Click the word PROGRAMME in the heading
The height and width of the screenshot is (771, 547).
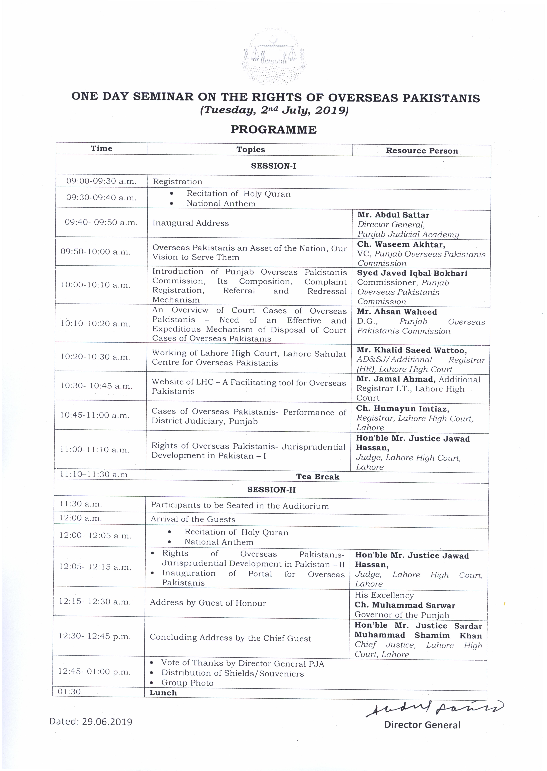[x=273, y=130]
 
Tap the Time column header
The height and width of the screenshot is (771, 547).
[x=101, y=149]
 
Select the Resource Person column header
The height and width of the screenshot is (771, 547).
[x=422, y=150]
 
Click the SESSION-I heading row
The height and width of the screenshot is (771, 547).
[x=273, y=166]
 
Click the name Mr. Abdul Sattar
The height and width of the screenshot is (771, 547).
[x=393, y=215]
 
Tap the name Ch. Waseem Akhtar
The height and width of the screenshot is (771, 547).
[x=401, y=244]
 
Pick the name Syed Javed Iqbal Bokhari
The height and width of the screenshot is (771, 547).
[x=412, y=273]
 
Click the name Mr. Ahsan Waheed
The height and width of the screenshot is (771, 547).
[x=397, y=312]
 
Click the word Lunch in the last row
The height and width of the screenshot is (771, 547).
[x=163, y=693]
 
